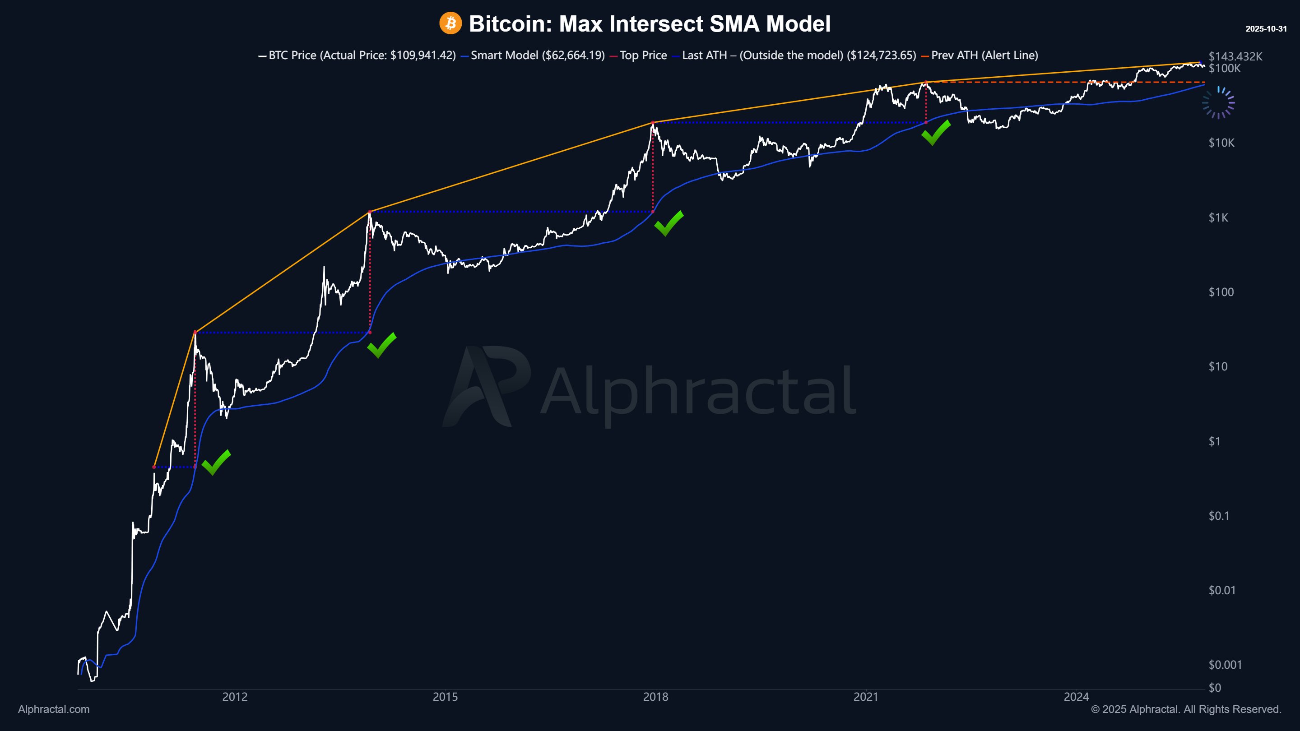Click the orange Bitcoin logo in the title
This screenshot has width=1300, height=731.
(450, 23)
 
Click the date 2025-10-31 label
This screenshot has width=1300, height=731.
(1266, 29)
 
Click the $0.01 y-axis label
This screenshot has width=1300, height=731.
(1222, 590)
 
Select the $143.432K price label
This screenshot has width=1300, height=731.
(1235, 56)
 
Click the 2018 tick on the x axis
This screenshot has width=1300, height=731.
(655, 697)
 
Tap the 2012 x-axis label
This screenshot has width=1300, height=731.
(235, 697)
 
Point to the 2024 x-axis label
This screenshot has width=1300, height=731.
(1076, 697)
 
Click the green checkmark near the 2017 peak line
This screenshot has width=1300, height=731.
(669, 223)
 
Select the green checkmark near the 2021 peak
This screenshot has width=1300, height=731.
(935, 133)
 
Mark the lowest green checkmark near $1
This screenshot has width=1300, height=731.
(216, 462)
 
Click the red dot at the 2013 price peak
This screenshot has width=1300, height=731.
(370, 212)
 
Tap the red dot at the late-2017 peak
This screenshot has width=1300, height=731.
(653, 123)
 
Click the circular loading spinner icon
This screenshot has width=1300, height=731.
(1218, 103)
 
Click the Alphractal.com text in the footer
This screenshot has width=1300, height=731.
(54, 709)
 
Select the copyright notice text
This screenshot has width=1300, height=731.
(1186, 709)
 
